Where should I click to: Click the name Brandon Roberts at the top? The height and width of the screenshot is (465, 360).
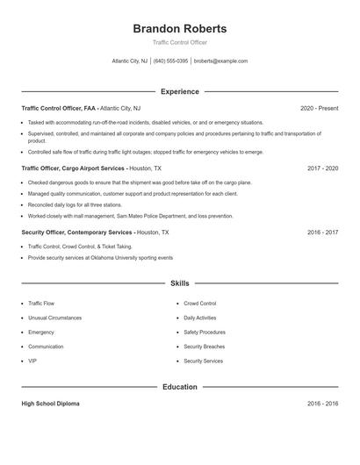click(x=179, y=28)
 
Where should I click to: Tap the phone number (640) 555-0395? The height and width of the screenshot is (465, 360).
click(x=170, y=61)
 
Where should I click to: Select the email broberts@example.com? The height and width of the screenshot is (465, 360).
click(x=220, y=61)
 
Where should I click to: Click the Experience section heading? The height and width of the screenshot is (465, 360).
click(x=179, y=91)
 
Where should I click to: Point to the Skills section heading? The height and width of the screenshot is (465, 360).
click(x=179, y=283)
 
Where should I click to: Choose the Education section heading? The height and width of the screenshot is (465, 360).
click(x=179, y=387)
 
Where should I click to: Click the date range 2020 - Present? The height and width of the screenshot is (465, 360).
click(x=319, y=108)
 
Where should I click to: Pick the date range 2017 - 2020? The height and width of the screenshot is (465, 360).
click(x=322, y=168)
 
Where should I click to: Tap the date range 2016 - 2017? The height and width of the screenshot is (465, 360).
click(x=322, y=232)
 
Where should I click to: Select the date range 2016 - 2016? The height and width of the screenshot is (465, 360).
click(x=322, y=404)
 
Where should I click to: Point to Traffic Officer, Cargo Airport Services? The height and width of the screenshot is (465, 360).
click(x=74, y=168)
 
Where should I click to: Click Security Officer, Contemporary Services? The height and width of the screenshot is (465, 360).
click(x=77, y=232)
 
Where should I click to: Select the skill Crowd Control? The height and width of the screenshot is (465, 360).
click(x=200, y=304)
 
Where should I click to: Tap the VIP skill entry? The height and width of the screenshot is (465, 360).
click(x=32, y=361)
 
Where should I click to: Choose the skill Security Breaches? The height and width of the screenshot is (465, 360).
click(x=204, y=347)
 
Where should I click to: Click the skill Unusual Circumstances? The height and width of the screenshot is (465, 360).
click(x=54, y=318)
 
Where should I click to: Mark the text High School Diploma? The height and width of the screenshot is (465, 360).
click(x=50, y=404)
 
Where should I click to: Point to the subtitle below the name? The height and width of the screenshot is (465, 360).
click(x=179, y=42)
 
